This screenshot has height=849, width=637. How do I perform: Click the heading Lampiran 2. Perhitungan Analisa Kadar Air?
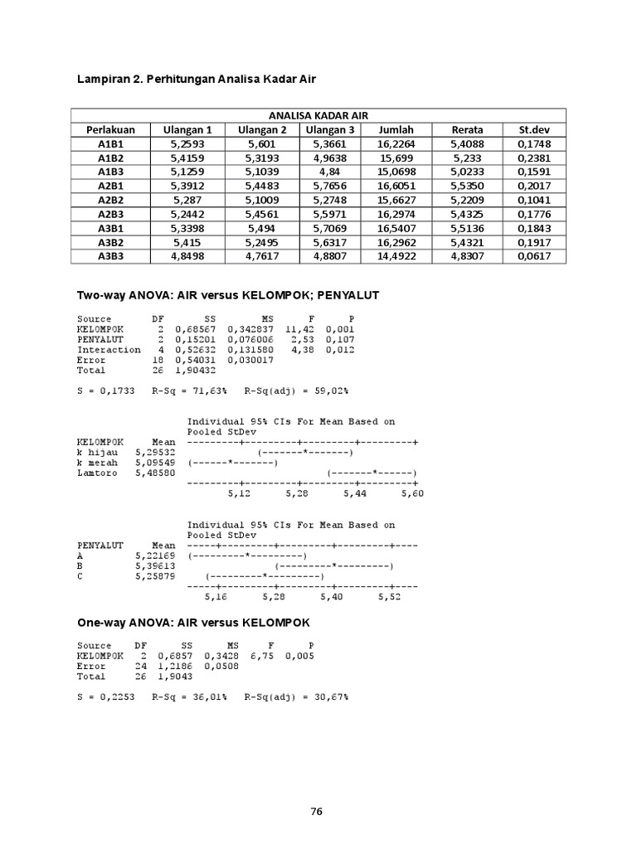(197, 79)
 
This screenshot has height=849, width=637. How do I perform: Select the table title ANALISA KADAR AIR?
(318, 115)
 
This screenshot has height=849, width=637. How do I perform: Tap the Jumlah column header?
(396, 129)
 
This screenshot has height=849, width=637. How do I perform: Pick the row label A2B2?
(109, 201)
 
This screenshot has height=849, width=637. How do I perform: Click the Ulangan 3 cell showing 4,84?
(330, 172)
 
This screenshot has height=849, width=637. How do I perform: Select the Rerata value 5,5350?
(467, 187)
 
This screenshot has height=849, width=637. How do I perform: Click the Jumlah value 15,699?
(396, 158)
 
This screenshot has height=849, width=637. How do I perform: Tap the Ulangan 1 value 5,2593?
(187, 143)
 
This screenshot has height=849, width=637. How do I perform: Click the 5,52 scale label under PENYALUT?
(390, 596)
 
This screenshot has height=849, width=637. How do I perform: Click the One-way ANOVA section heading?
(193, 622)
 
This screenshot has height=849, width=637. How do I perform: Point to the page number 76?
(315, 812)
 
